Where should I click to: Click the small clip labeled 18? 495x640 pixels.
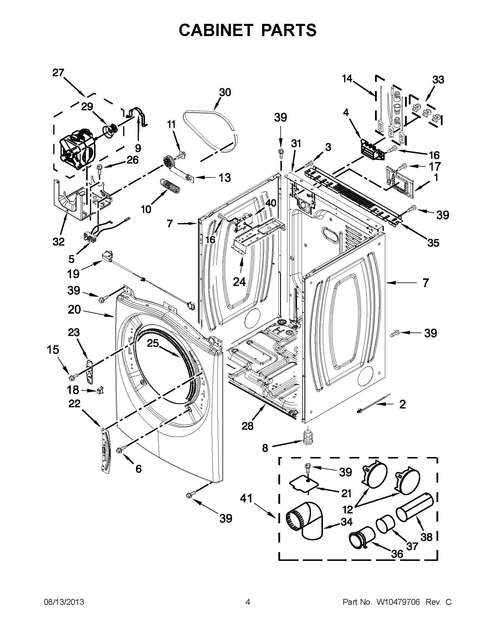click(100, 390)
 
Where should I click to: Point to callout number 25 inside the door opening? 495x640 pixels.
click(153, 343)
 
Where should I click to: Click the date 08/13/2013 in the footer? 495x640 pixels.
click(64, 602)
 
